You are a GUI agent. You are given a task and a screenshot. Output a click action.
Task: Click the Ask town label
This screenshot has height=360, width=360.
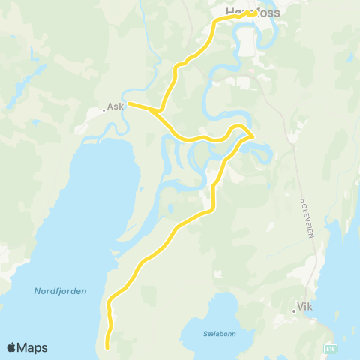coord(115,106)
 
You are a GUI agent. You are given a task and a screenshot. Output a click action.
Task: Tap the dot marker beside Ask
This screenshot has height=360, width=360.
coord(104,111)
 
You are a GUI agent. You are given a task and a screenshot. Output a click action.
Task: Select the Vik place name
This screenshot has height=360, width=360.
coord(304,306)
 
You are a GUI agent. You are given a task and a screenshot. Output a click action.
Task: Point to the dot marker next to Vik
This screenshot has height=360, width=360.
coord(294,310)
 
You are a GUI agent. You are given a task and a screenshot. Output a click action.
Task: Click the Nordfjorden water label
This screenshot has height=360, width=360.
coord(60,291)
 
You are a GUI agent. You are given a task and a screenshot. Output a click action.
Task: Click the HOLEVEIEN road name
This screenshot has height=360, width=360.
coord(307,218)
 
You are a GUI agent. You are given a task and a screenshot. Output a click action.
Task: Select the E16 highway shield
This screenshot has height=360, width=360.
coord(331,349)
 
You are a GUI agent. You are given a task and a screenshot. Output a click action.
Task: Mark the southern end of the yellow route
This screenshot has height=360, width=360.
coord(107,347)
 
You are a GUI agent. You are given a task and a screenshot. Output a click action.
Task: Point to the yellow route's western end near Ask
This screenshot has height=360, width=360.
coord(130,103)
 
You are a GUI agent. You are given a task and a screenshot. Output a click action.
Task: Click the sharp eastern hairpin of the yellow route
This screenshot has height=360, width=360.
coord(251,135)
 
